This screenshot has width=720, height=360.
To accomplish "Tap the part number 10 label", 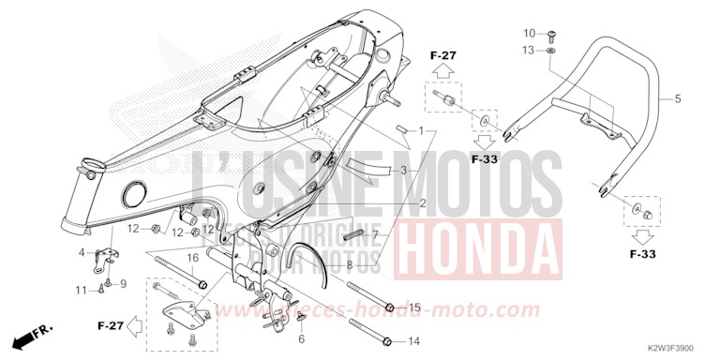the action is pos(528,34).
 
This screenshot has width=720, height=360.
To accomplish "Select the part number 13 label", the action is pos(528,50).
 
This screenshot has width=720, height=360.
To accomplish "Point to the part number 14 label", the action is pos(414,340).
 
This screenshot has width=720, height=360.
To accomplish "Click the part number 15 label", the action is pos(414,307).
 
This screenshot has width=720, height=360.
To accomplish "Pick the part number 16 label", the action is pos(190,257).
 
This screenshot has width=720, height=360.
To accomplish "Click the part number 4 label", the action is pos(81,252).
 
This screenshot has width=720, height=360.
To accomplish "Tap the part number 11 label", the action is pos(81,290).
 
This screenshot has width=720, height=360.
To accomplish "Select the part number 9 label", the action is pos(122,283).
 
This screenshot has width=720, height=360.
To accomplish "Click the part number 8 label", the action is pos(350,265).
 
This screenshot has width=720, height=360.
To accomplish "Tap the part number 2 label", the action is pos(423,203).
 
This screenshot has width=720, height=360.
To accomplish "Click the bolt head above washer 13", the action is pos(552,34).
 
